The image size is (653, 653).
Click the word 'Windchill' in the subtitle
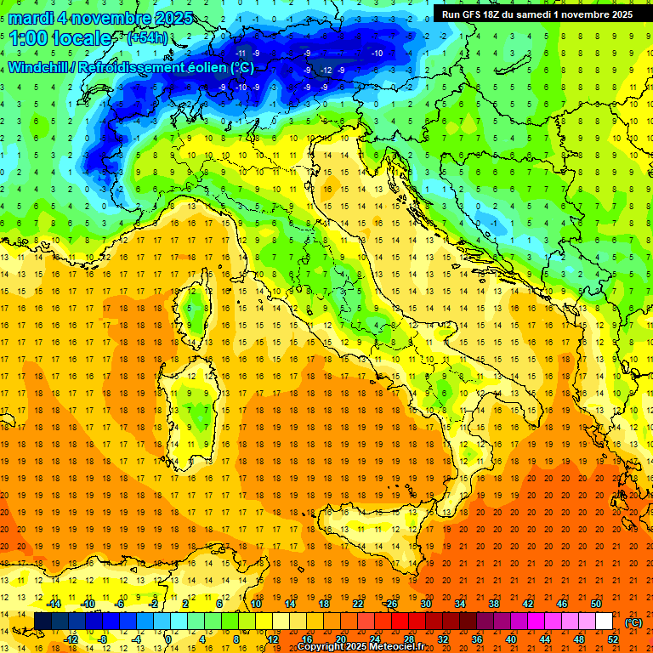pos(39,67)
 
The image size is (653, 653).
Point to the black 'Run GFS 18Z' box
pos(537,14)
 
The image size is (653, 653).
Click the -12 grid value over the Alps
pos(325,70)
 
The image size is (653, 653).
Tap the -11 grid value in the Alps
pos(241,53)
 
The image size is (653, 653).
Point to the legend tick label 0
pos(168,639)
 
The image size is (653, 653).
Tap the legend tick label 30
pos(427,603)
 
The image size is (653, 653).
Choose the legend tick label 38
pos(493,603)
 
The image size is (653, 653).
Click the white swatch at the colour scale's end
pos(603,621)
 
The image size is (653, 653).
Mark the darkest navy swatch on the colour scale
pos(43,621)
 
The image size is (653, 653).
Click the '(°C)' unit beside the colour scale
pos(633,622)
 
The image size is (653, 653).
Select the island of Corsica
pos(198,306)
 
